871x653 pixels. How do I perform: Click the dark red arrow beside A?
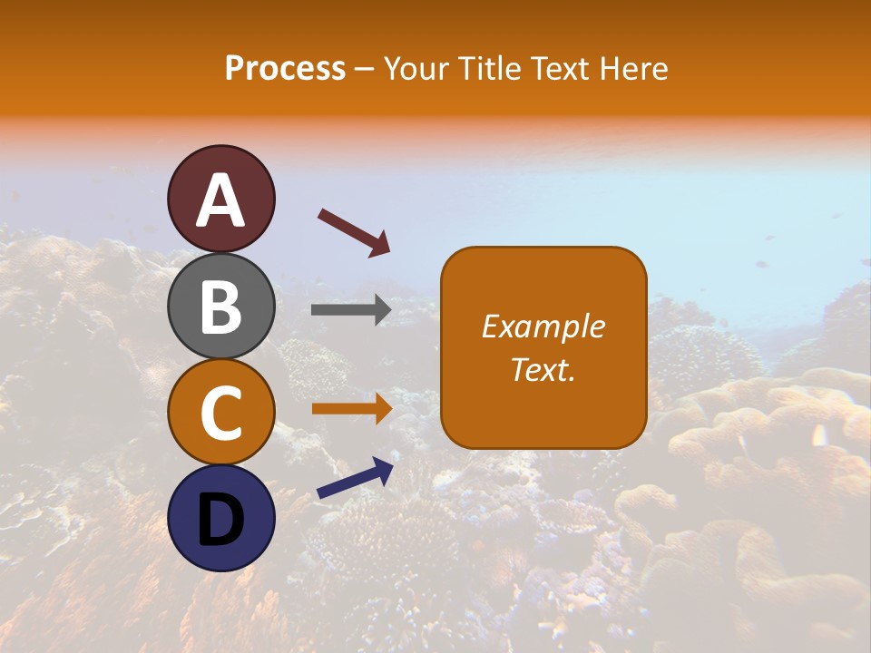(x=354, y=231)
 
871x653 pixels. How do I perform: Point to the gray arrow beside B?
(x=351, y=310)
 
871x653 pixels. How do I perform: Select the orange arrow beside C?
(x=351, y=408)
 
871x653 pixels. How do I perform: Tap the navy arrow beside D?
(x=355, y=478)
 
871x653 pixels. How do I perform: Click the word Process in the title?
(x=285, y=69)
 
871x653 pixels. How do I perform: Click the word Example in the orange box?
(x=543, y=326)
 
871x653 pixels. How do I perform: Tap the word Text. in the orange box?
(x=543, y=369)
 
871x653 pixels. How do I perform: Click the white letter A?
(x=221, y=200)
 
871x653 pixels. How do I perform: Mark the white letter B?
(x=221, y=307)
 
